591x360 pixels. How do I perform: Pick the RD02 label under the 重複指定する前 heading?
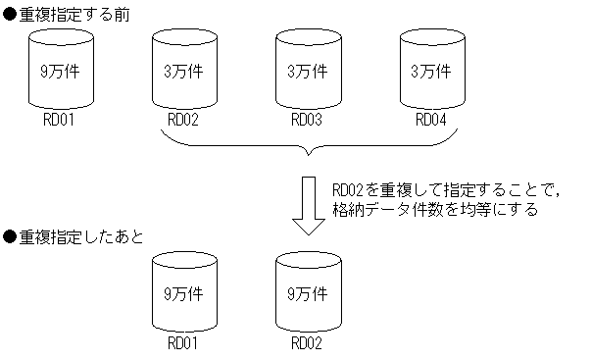click(184, 121)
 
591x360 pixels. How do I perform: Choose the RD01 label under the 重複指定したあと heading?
click(184, 344)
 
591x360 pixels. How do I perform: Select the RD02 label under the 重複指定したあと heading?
click(308, 344)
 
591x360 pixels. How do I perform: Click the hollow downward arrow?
click(309, 207)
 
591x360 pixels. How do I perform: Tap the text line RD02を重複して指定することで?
click(431, 190)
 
